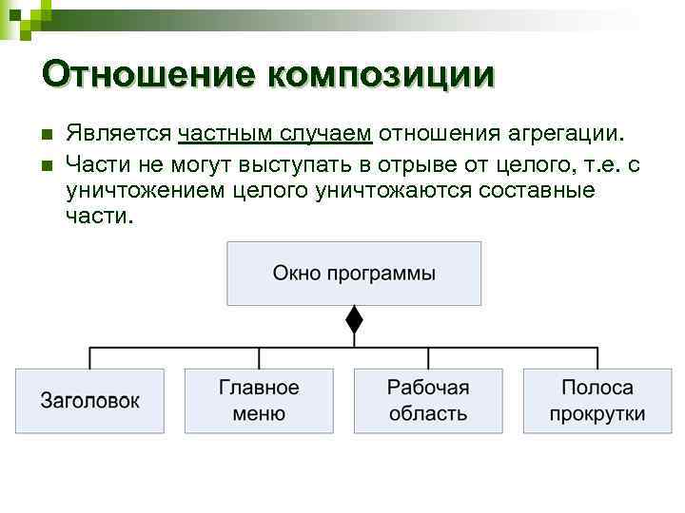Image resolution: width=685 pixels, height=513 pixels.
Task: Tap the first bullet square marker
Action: coord(45,136)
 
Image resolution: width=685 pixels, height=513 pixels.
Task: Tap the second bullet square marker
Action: coord(45,165)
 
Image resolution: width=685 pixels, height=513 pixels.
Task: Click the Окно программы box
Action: coord(354,274)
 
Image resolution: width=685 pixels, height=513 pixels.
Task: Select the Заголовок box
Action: coord(89,401)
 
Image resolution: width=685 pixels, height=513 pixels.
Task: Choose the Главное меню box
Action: coord(259,401)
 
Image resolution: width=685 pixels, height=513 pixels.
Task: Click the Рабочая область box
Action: coord(428,401)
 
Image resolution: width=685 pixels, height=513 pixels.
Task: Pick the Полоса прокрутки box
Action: coord(597,401)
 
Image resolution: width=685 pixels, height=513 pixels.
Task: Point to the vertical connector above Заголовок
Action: coord(89,358)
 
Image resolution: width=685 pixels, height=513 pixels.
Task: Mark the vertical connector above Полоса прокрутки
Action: coord(597,358)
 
